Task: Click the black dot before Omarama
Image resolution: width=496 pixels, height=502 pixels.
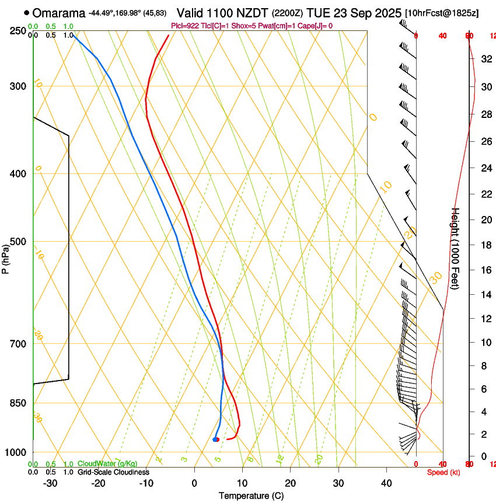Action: click(x=27, y=13)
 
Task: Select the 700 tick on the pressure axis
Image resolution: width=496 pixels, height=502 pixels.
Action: click(x=19, y=344)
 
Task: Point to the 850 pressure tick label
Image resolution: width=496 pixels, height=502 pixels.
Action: click(x=19, y=403)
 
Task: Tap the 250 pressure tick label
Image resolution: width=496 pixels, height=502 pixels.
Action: click(x=19, y=31)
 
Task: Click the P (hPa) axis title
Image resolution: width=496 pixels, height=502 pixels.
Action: click(x=6, y=255)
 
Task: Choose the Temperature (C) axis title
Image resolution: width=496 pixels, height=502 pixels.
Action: click(x=251, y=496)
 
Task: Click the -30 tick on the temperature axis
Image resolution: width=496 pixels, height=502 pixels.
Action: click(x=50, y=483)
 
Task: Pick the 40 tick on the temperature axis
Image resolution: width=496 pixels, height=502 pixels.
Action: click(x=386, y=483)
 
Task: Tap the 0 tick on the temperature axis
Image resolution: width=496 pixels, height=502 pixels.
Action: click(x=195, y=483)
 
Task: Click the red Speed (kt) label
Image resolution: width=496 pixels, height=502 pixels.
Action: click(x=443, y=472)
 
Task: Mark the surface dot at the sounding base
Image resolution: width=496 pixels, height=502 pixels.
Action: click(x=215, y=439)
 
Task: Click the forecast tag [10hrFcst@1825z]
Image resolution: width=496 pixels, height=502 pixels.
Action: click(x=449, y=13)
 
